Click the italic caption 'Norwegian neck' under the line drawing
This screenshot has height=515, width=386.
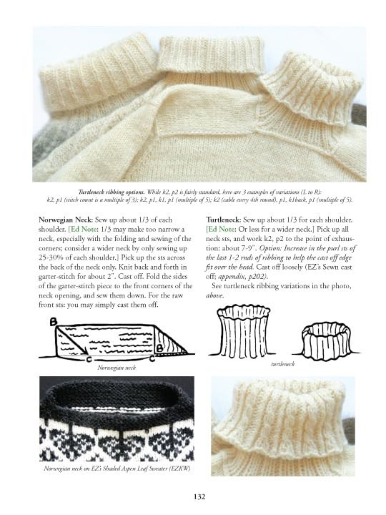117,367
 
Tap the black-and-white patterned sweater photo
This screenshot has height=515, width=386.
115,418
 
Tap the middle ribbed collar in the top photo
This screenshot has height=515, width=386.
208,57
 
